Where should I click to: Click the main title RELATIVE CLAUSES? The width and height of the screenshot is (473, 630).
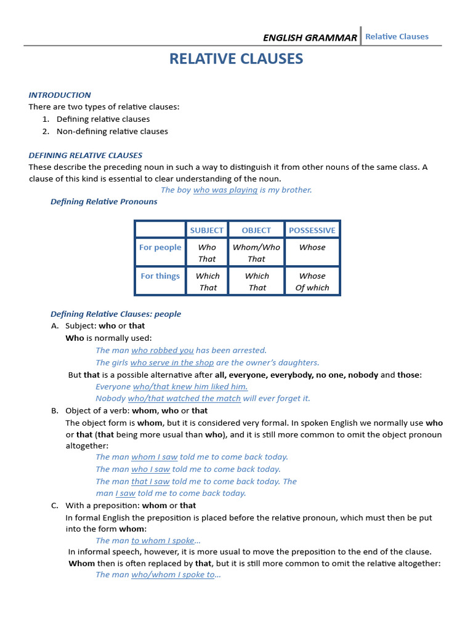pos(236,59)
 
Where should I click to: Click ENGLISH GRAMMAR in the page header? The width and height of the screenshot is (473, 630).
pos(310,38)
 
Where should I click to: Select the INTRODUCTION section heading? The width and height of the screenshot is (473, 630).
pos(60,95)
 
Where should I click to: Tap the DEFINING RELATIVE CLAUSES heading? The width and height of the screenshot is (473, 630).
pos(86,155)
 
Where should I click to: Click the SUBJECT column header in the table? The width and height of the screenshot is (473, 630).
pos(207,230)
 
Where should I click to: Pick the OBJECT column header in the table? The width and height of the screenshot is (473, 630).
pos(256,230)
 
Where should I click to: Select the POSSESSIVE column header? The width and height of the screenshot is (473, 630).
pos(312,230)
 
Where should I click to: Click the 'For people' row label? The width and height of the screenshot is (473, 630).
pos(160,247)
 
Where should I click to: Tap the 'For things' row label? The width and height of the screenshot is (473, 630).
pos(160,276)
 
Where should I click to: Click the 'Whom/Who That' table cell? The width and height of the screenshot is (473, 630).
pos(256,253)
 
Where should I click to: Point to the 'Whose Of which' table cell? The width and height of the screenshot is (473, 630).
pos(312,282)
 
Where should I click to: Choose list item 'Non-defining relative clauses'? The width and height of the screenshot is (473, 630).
pos(112,131)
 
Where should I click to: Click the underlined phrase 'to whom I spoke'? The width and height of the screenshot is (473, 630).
pos(163,541)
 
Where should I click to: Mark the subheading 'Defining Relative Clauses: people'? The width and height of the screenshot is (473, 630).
pos(116,314)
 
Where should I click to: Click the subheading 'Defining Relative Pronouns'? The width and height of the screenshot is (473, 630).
pos(103,202)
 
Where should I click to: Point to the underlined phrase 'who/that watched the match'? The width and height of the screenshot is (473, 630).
pos(184,399)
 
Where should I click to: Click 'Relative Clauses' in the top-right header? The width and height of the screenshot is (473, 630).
pos(397,37)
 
